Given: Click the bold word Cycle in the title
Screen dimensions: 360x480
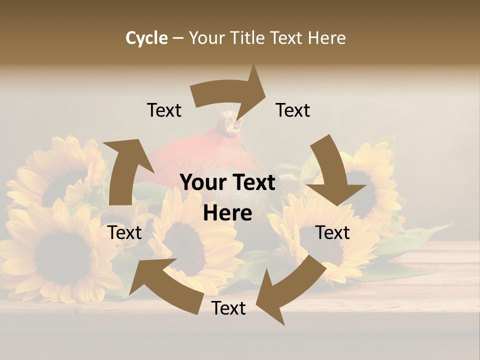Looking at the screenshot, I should click(x=146, y=38).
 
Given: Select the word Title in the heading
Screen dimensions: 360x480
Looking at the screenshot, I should click(x=248, y=38).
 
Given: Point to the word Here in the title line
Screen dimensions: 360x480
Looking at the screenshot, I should click(x=327, y=38).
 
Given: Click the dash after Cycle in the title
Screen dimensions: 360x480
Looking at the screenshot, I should click(x=178, y=38).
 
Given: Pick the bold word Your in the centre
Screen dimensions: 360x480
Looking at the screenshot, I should click(x=202, y=183).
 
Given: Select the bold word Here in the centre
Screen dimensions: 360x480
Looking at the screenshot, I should click(x=227, y=213).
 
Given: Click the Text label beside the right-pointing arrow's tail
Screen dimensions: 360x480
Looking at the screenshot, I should click(x=164, y=110).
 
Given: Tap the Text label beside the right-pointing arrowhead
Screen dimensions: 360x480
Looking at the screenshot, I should click(x=293, y=110).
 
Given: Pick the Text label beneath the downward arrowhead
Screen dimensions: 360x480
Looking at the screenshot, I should click(x=332, y=232).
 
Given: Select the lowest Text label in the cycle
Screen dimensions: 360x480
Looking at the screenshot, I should click(x=228, y=308).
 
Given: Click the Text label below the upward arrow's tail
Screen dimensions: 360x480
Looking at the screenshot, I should click(x=125, y=232).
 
